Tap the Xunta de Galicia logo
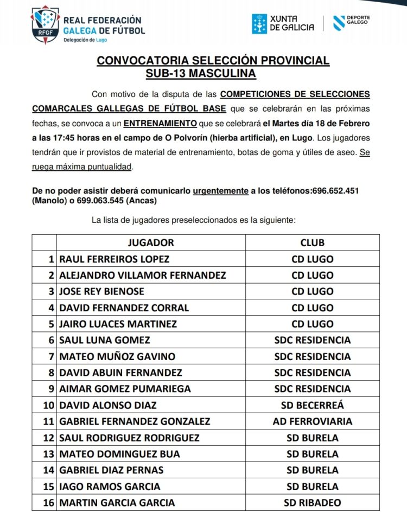click(283, 23)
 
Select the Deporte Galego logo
click(352, 23)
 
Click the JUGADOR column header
click(151, 242)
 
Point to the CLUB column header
click(312, 242)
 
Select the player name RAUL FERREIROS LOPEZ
click(114, 259)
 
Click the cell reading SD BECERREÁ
click(312, 405)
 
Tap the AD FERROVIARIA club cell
click(312, 421)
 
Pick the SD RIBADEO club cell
click(312, 503)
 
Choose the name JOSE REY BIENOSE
click(101, 291)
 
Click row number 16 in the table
click(49, 503)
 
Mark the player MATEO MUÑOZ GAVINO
click(117, 356)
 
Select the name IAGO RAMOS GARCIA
click(110, 486)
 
